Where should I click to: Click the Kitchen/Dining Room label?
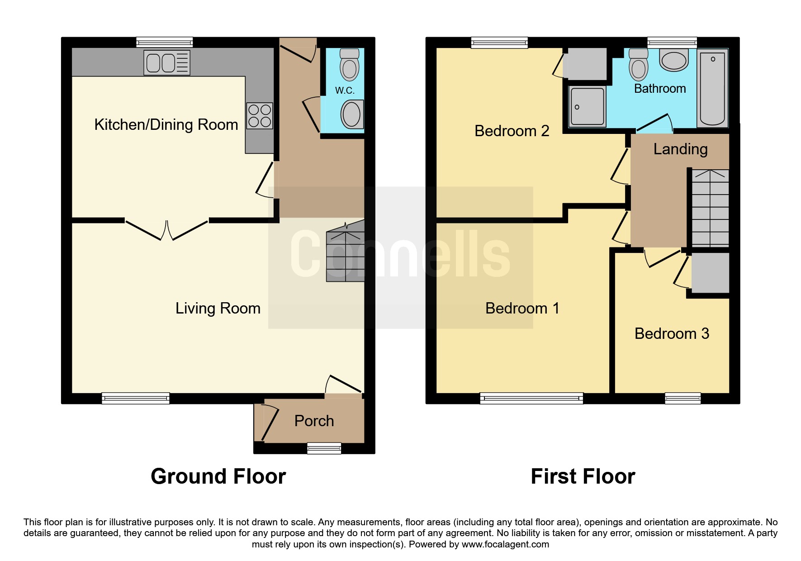(166, 125)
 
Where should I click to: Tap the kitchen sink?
(167, 62)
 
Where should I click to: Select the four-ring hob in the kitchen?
(260, 116)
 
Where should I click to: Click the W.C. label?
(345, 90)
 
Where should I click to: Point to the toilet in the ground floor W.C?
(349, 64)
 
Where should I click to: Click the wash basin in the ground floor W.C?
(352, 114)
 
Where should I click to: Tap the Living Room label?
(218, 309)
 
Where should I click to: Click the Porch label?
(314, 421)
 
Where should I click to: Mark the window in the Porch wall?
(324, 448)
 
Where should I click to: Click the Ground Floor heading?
(218, 476)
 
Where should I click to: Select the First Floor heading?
(583, 476)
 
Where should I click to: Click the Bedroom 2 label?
(512, 131)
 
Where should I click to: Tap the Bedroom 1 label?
(522, 309)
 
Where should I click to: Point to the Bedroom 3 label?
(672, 334)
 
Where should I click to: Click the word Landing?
(681, 149)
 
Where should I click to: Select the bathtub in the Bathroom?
(712, 88)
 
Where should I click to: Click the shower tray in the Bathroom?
(588, 107)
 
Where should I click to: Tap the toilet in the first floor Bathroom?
(638, 64)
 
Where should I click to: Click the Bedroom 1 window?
(531, 399)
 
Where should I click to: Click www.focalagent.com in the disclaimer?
(505, 544)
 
